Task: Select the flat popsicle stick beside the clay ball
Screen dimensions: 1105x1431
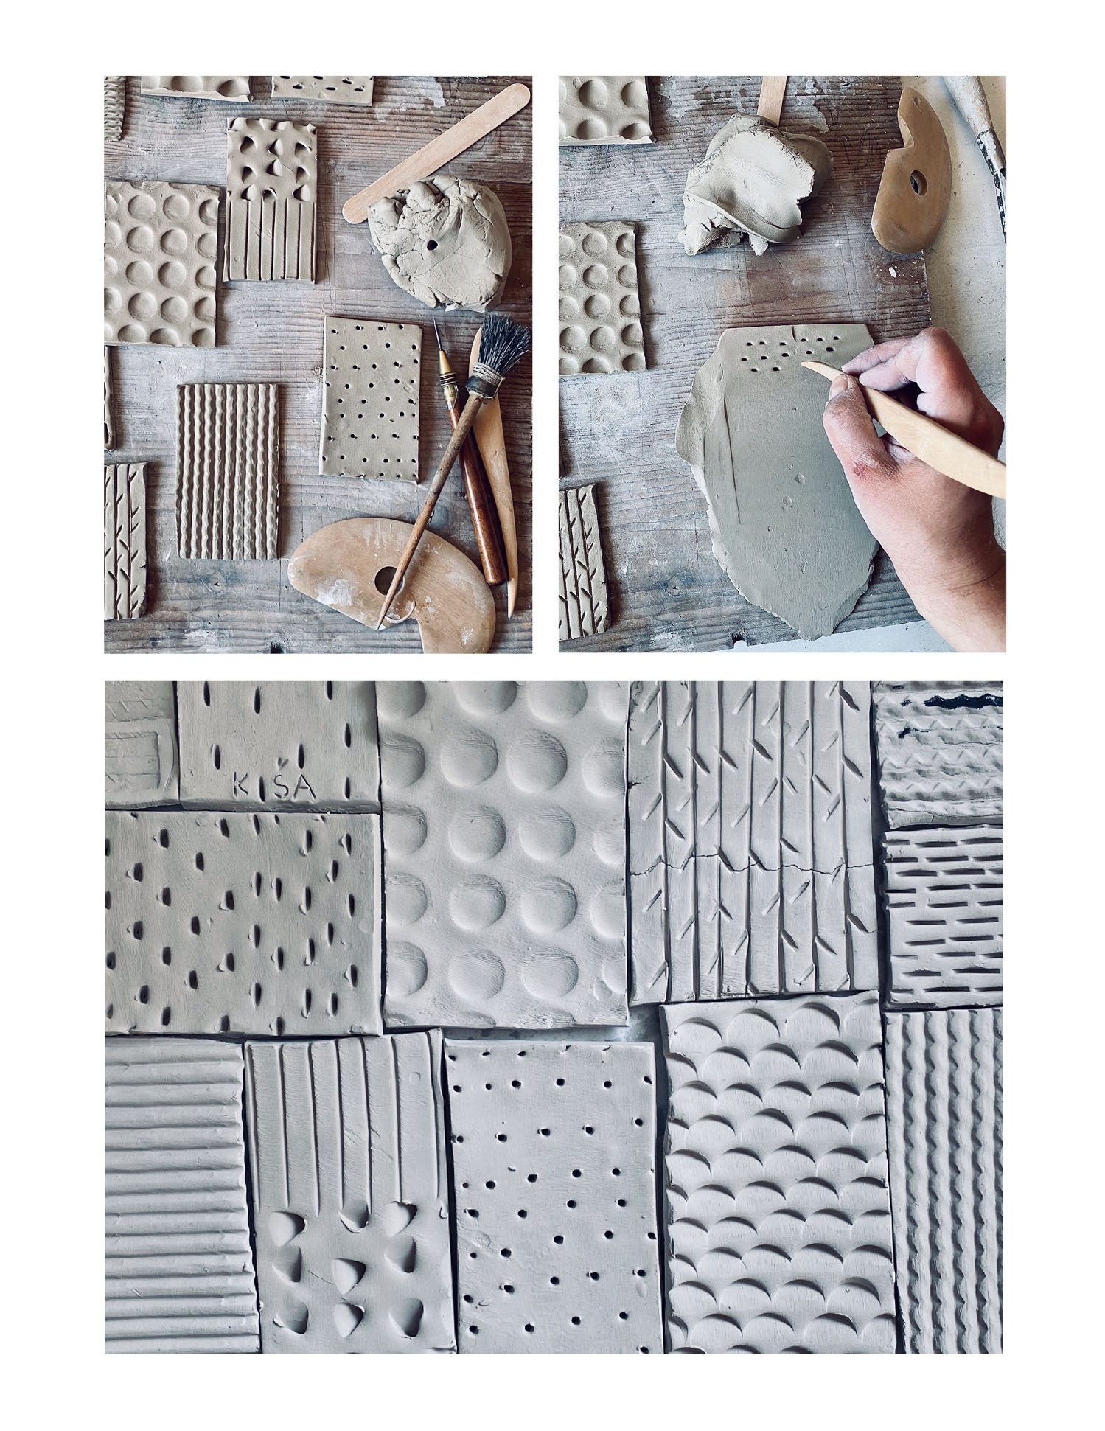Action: tap(436, 153)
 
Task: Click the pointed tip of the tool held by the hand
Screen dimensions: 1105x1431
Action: tap(804, 363)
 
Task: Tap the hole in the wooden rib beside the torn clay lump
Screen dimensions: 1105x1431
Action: tap(918, 179)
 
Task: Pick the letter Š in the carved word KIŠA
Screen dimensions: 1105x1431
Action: tap(285, 784)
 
